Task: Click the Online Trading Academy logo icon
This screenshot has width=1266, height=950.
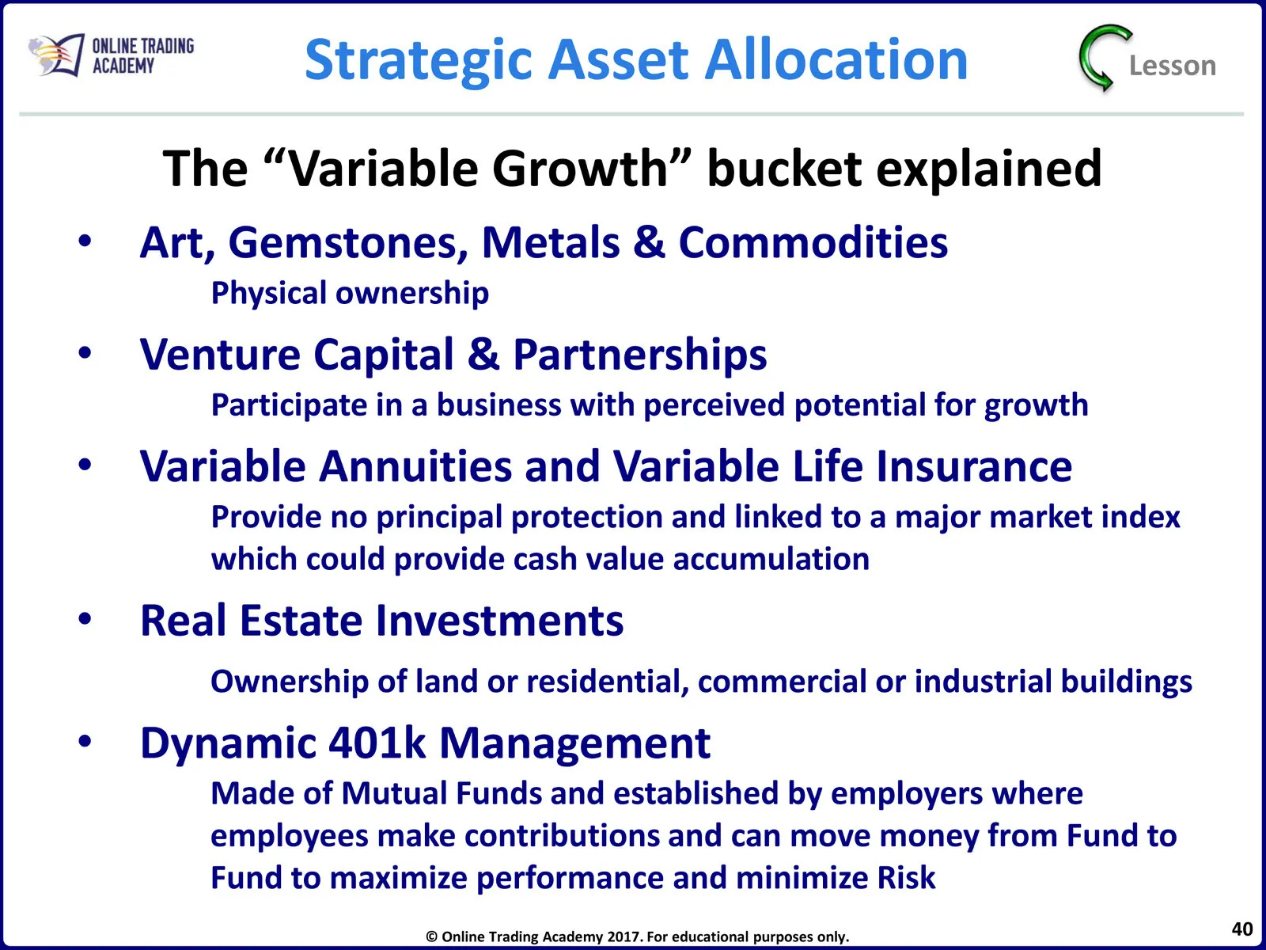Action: click(x=56, y=55)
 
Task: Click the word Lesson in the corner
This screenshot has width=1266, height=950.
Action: click(x=1172, y=66)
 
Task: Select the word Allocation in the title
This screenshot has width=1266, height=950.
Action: click(x=836, y=60)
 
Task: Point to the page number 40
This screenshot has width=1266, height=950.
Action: click(x=1241, y=929)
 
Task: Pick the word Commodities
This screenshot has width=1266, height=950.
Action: click(x=813, y=242)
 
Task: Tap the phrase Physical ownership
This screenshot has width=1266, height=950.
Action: click(x=350, y=294)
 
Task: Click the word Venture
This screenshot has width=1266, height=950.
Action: click(x=220, y=354)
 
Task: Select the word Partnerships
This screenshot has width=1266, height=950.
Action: click(x=640, y=355)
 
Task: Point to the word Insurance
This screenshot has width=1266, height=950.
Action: click(x=974, y=466)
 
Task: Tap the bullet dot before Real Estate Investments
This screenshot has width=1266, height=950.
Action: click(x=85, y=619)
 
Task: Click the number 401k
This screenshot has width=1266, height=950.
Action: click(x=377, y=743)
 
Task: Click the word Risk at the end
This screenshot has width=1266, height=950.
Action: click(x=906, y=878)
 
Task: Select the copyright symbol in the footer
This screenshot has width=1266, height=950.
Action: click(x=431, y=937)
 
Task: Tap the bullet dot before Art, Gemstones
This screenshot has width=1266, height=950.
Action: click(x=85, y=241)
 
